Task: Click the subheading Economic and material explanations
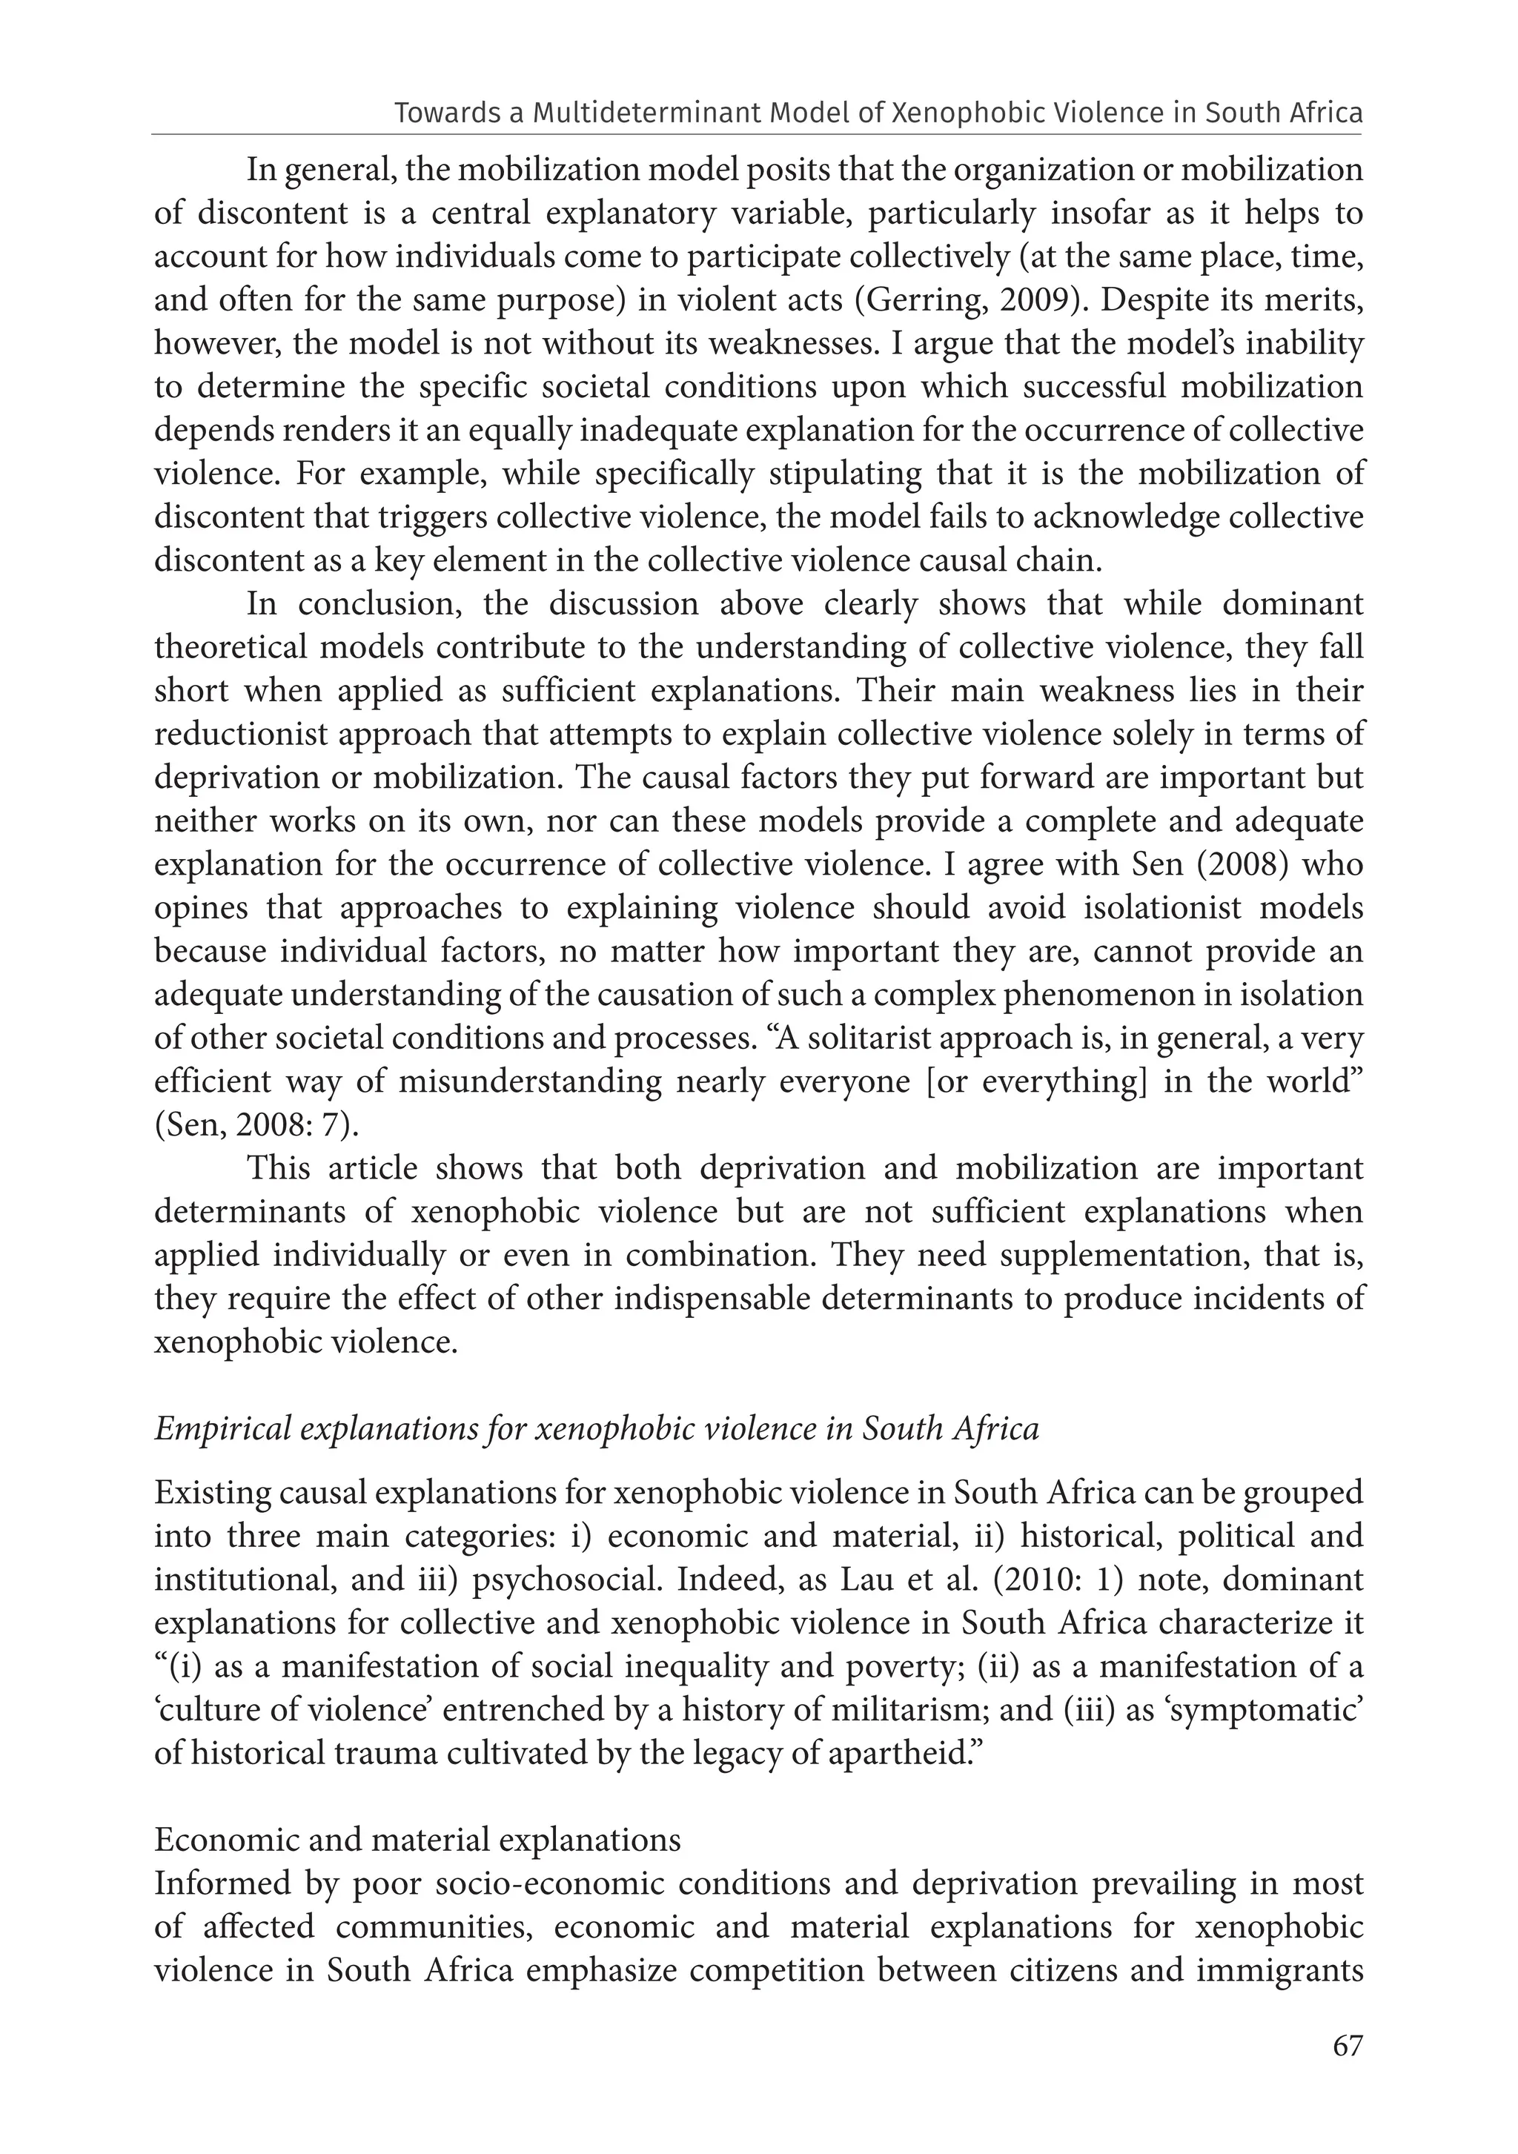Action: tap(417, 1840)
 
